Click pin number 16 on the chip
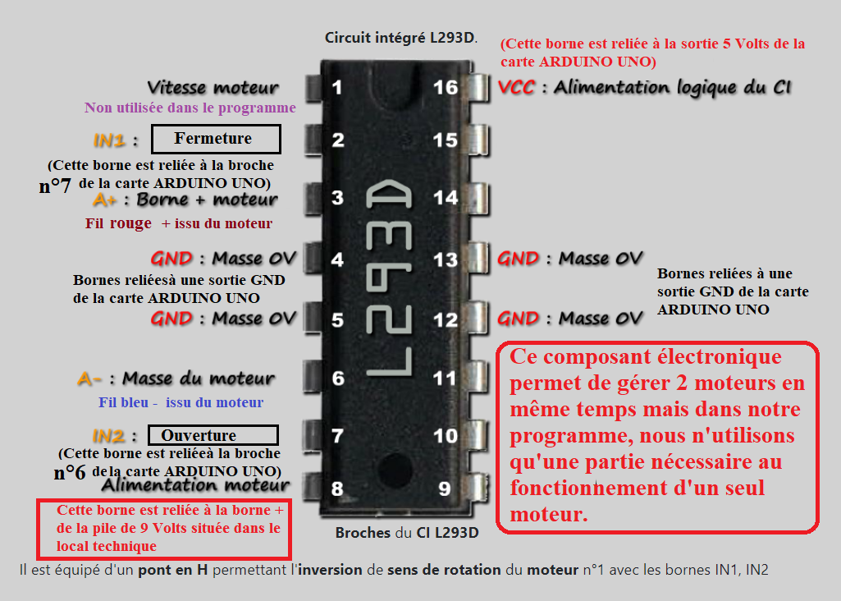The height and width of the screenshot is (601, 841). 446,88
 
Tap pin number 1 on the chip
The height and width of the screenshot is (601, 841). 337,87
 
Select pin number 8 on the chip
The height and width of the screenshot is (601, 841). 337,489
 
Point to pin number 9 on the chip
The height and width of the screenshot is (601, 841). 445,489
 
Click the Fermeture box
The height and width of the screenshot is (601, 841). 216,139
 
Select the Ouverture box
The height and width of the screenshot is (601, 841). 213,435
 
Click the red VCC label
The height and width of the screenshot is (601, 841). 517,87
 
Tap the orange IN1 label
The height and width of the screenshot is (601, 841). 109,140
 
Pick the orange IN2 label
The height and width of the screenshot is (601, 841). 108,436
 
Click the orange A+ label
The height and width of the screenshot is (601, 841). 104,200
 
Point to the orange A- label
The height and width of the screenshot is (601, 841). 89,378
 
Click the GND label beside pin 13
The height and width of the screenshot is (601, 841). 518,259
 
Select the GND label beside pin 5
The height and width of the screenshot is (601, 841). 171,319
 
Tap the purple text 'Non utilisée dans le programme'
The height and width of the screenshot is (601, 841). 190,108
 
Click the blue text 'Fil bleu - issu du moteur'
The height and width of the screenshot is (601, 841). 181,402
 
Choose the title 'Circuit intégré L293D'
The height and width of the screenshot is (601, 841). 400,38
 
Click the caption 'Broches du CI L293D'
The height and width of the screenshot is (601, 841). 407,533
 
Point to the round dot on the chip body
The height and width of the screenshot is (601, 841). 395,470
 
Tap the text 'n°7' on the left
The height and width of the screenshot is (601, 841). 55,186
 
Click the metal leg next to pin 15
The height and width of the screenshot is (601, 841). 479,140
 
